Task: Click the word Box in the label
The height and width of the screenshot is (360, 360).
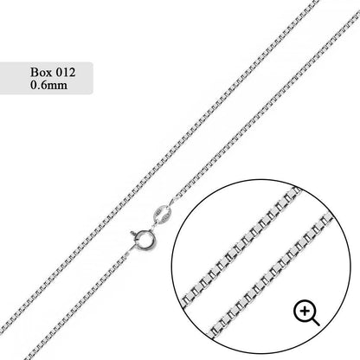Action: tap(42, 72)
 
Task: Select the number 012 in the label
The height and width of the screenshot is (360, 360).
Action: tap(66, 72)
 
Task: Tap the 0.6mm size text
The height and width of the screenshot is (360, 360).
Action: tap(49, 85)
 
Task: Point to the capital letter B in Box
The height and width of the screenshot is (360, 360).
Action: tap(34, 72)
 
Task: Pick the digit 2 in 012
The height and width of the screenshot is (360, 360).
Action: tap(72, 72)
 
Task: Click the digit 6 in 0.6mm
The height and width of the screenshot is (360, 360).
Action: tap(44, 85)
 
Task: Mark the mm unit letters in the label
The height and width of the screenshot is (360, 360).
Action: tap(58, 87)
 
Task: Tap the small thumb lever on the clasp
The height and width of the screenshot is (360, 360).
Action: tap(133, 234)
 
